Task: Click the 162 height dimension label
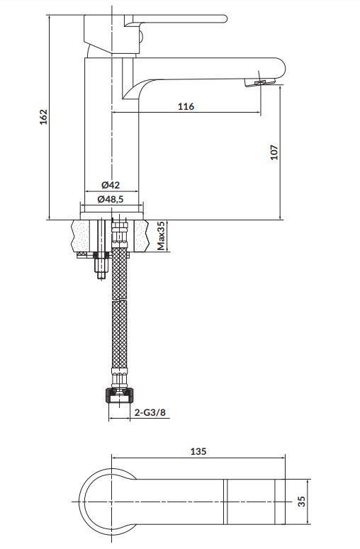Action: pos(43,117)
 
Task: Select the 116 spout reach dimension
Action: pos(186,106)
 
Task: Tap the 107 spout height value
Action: pos(274,152)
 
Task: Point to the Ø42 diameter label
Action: pos(111,184)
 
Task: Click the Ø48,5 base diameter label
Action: pos(111,199)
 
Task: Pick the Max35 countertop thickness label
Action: pos(161,236)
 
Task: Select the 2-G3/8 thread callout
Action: pos(150,413)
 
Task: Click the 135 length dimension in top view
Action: pos(198,451)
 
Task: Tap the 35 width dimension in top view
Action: pos(301,502)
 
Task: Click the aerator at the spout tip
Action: pos(259,83)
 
